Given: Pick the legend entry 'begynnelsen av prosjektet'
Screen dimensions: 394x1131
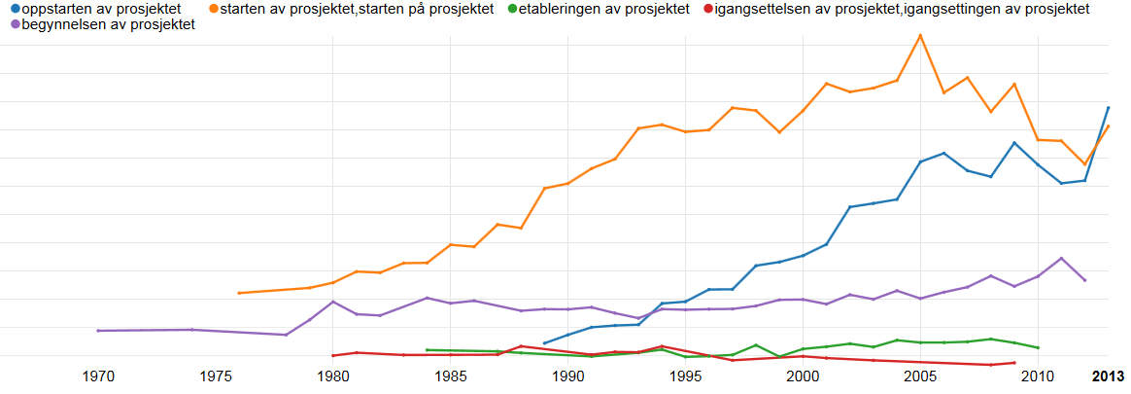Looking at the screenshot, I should pos(108,24).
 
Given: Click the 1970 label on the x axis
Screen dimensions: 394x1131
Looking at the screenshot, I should pos(98,376).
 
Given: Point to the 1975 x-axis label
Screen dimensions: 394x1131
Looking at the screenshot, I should pos(216,376).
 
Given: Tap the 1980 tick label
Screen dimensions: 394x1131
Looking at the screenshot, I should pos(333,376).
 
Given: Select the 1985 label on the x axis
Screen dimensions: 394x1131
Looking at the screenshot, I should pos(451,376).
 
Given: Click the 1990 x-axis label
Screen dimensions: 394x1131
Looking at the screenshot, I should pos(568,376).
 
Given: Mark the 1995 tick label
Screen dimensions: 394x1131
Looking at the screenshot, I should pos(686,376).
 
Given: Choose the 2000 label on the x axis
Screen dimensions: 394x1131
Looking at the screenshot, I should pos(804,376).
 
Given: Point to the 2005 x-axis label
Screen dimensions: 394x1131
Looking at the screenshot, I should pos(920,376).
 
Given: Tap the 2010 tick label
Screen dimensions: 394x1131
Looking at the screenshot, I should pos(1038,376).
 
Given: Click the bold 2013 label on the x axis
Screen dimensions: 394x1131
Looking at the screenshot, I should pos(1108,376).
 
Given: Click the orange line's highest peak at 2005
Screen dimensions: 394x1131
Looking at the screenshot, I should pos(920,35).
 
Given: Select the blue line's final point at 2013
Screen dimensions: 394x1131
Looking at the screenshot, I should pos(1109,107).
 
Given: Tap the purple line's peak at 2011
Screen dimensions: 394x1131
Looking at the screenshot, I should pos(1061,258).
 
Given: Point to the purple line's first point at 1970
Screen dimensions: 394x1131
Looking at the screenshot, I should pos(98,331).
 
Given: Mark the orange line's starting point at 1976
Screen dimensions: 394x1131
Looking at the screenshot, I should pos(239,293).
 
